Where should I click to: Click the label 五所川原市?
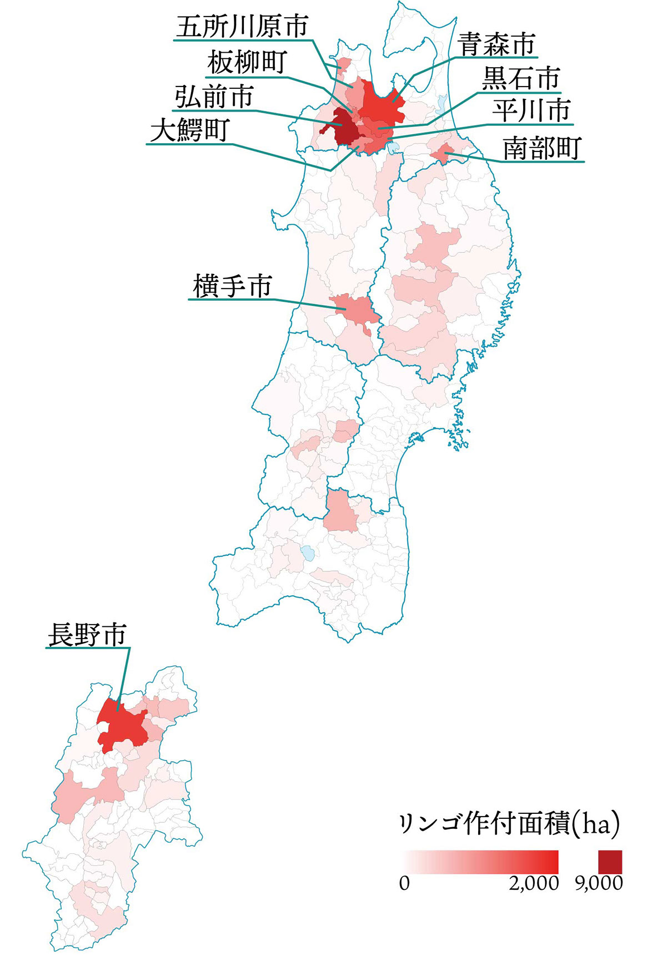pos(242,27)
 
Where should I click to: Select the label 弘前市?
pos(214,97)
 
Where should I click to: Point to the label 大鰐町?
pos(189,131)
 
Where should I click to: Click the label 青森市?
pos(497,44)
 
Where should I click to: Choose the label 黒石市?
pos(520,79)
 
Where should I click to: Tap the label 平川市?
pos(531,111)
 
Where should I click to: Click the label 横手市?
pos(232,286)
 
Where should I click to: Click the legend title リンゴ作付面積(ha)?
pos(509,825)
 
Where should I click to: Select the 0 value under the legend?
pos(404,883)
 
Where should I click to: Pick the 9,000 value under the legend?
pos(599,883)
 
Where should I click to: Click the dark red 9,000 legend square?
pos(610,862)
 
